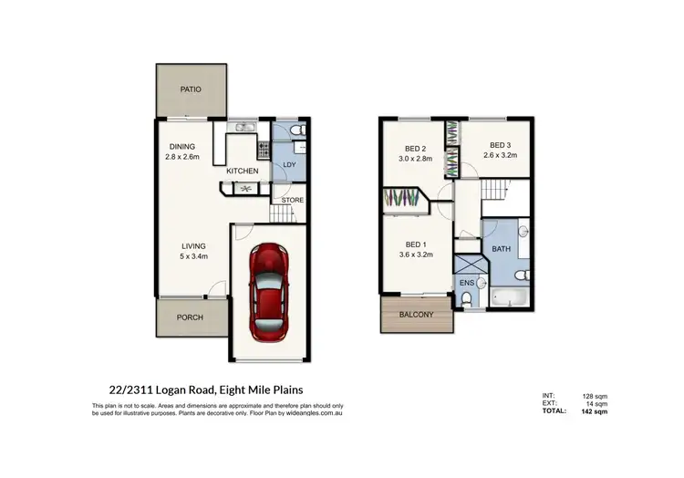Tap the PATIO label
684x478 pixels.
pyautogui.click(x=190, y=89)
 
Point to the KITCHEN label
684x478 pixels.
pyautogui.click(x=243, y=171)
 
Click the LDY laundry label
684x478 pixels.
pyautogui.click(x=289, y=164)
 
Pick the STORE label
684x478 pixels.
pyautogui.click(x=292, y=200)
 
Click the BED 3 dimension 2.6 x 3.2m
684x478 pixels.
pyautogui.click(x=501, y=155)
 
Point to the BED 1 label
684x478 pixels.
pyautogui.click(x=417, y=244)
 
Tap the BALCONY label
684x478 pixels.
pyautogui.click(x=417, y=315)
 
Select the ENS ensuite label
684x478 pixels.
pyautogui.click(x=467, y=284)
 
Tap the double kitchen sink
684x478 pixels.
pyautogui.click(x=244, y=128)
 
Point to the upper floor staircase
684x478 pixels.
pyautogui.click(x=494, y=191)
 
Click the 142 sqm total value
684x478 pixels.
pyautogui.click(x=596, y=411)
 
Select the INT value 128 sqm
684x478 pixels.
pyautogui.click(x=596, y=396)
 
